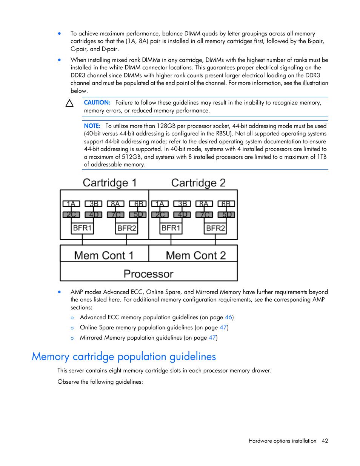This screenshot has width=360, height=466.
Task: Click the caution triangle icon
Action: [x=69, y=103]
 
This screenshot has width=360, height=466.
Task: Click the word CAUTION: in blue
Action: [x=97, y=103]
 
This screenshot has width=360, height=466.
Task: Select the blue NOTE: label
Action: [x=92, y=126]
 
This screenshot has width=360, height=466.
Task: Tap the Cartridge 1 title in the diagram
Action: [x=109, y=183]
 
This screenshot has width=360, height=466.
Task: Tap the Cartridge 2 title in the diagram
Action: [x=198, y=183]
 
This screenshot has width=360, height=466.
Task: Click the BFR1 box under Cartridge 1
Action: [x=82, y=228]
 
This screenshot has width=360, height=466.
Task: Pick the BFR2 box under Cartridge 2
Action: [x=215, y=228]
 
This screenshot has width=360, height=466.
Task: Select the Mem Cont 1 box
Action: [x=104, y=255]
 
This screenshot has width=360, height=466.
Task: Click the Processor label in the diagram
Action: [x=149, y=274]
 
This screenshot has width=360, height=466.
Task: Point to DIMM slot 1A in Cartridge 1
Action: [x=71, y=204]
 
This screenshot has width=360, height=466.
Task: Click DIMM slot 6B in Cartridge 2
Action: [x=226, y=204]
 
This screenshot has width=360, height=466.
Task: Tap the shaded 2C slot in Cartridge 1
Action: [x=71, y=215]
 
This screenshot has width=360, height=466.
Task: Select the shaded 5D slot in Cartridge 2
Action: [x=226, y=215]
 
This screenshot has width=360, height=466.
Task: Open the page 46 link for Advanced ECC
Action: [x=228, y=317]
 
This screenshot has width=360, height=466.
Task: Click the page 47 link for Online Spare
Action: [x=223, y=328]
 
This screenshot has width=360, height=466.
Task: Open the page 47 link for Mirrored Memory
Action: [x=212, y=338]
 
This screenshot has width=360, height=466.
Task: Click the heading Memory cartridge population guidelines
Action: [x=124, y=357]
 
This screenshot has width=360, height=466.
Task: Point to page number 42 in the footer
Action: [x=325, y=441]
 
